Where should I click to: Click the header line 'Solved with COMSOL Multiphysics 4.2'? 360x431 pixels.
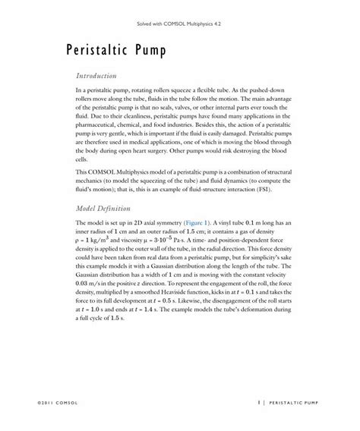point(180,24)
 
